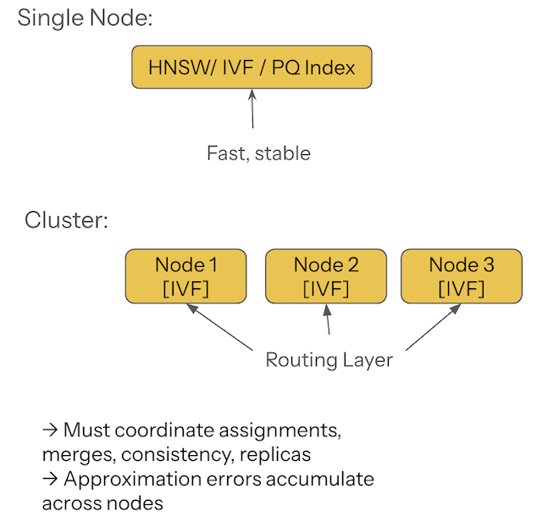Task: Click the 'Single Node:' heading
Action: [85, 18]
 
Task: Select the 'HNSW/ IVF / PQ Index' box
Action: [252, 67]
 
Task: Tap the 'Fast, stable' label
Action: [258, 153]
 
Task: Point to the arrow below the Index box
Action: [252, 109]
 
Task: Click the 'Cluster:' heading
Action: [66, 221]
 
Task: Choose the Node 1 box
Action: [185, 276]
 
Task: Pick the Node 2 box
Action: [325, 276]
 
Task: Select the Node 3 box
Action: [461, 276]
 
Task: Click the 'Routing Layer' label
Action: [329, 360]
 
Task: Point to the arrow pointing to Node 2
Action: [327, 322]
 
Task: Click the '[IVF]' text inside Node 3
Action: [461, 288]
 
